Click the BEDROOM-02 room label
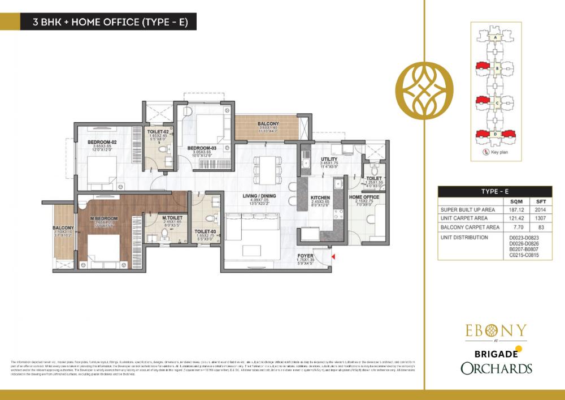point(102,141)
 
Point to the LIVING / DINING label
point(255,197)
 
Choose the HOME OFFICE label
point(364,197)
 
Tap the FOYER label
point(305,255)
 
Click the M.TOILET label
point(155,218)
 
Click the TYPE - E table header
point(496,191)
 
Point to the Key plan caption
point(499,152)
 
